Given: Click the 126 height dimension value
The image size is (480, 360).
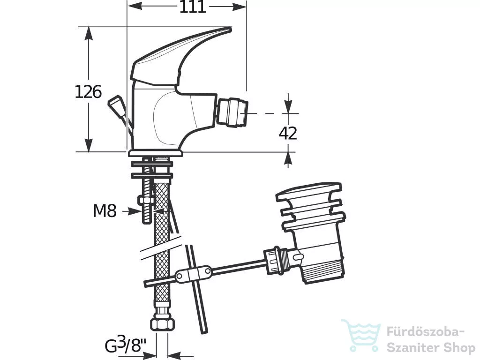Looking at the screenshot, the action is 88,91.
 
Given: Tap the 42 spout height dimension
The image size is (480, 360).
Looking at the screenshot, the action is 288,133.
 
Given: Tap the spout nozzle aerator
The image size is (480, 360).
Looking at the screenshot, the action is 232,113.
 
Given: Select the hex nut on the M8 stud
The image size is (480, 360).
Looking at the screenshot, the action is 146,201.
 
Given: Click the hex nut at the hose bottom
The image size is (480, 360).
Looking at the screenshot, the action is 162,322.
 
